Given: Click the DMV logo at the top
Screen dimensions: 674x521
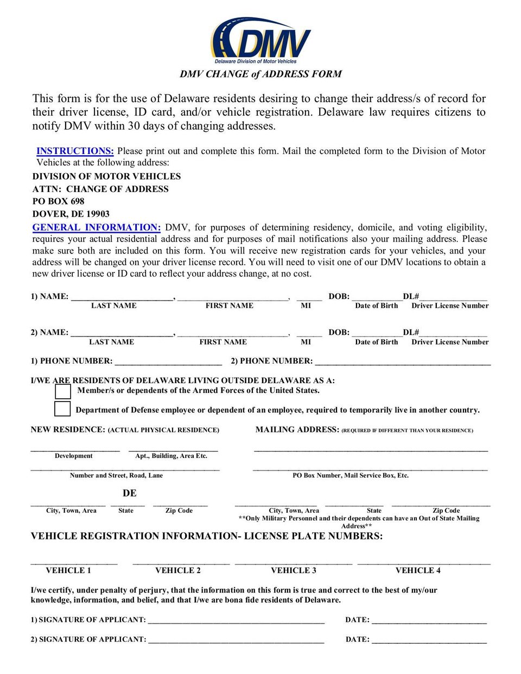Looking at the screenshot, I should point(260,40).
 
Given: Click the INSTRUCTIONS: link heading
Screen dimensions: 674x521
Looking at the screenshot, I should point(75,151).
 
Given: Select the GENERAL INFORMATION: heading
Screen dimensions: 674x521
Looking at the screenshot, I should point(96,227).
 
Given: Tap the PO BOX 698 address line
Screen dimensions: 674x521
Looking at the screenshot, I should point(58,201).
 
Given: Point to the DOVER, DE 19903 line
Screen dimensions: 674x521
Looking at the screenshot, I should point(71,214).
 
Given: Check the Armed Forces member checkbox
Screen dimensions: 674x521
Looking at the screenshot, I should point(63,391).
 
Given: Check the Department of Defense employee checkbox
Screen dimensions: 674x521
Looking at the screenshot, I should point(63,409).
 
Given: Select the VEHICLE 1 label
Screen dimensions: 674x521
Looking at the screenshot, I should point(68,570).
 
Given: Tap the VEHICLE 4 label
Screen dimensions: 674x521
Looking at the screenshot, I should point(418,570).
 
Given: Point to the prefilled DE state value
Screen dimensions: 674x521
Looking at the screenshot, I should point(130,493).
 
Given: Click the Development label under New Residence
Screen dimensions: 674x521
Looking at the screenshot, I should point(74,456).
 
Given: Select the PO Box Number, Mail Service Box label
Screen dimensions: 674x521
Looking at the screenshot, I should point(351,475).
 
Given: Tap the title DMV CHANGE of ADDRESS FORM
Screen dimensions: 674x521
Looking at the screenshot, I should point(260,74).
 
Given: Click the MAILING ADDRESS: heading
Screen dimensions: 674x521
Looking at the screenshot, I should point(297,429).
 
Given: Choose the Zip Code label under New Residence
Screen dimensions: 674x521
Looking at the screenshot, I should point(179,511).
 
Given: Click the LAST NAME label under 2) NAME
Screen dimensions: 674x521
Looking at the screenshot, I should point(111,342).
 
